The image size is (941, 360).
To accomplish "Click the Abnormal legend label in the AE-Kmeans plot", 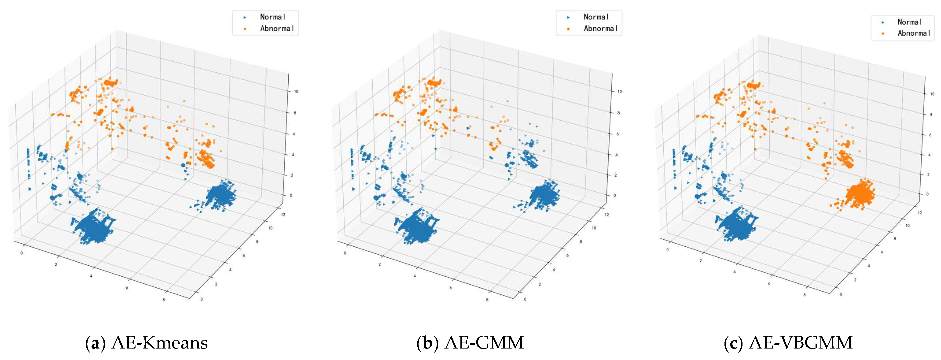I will (277, 29).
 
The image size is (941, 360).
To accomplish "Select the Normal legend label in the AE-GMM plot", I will (596, 17).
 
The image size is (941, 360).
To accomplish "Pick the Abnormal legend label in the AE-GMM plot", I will (601, 29).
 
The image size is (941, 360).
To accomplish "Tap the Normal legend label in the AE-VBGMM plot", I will (910, 22).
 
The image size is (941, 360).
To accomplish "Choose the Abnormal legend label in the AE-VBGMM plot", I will (914, 33).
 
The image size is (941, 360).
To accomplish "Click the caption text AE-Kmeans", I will (160, 343).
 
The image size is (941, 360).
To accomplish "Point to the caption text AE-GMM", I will (484, 343).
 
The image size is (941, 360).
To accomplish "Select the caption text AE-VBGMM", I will (801, 343).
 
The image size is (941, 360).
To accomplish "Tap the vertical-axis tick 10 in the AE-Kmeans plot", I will (296, 91).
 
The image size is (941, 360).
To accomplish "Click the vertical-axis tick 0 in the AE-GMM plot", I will (614, 196).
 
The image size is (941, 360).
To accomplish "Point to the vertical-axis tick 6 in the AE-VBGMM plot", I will (931, 135).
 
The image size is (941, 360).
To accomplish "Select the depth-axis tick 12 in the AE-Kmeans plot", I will (283, 215).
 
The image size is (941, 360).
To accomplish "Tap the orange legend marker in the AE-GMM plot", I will (568, 29).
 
